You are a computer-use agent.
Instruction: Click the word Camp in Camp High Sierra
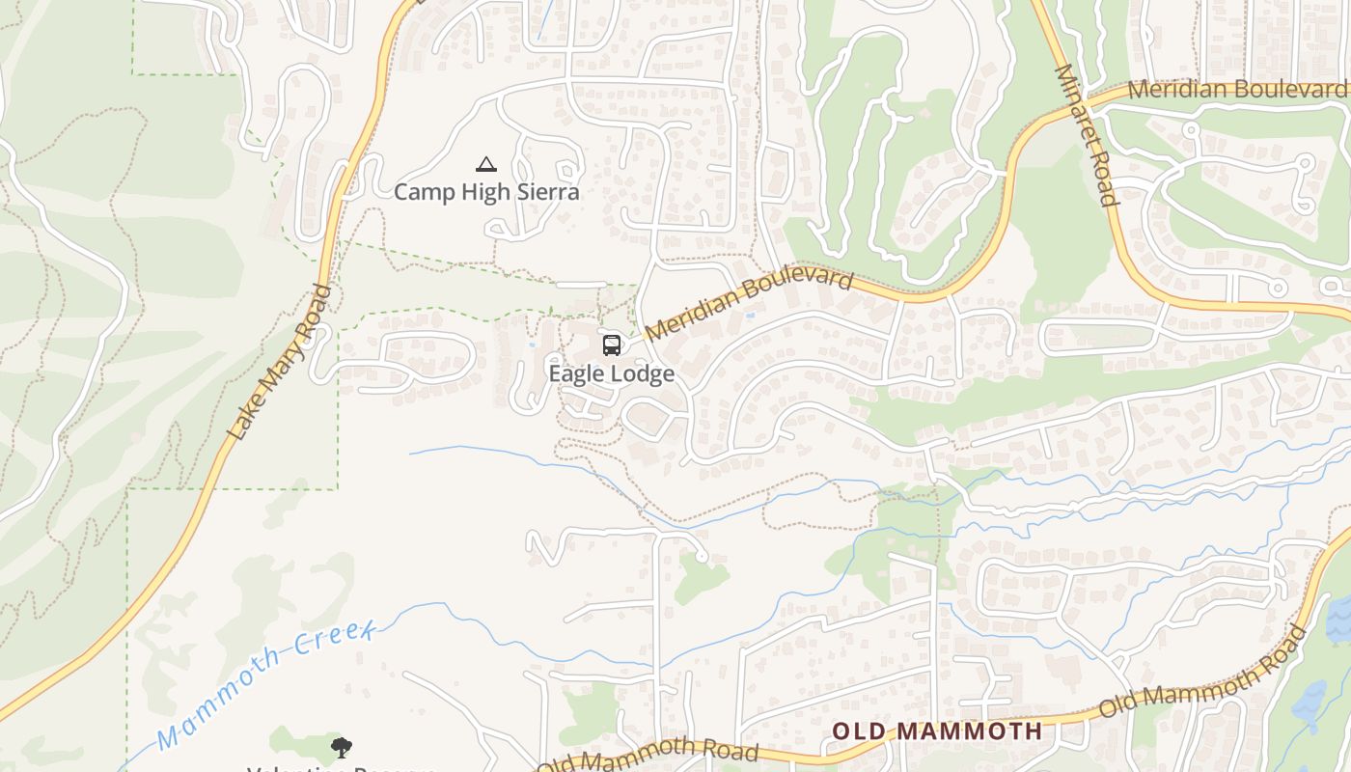[x=425, y=191]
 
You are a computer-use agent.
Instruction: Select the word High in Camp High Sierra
[x=485, y=191]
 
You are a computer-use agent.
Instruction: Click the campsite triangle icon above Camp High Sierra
[x=485, y=165]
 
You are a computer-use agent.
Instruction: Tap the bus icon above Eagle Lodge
[x=611, y=345]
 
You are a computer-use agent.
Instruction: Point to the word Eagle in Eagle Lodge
[x=577, y=373]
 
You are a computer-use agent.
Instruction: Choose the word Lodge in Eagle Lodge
[x=642, y=373]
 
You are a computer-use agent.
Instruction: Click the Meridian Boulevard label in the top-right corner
[x=1237, y=90]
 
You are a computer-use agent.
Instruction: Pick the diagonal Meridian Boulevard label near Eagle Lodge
[x=749, y=305]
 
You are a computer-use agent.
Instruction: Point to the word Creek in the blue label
[x=334, y=641]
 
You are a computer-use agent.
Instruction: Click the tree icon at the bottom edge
[x=341, y=747]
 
